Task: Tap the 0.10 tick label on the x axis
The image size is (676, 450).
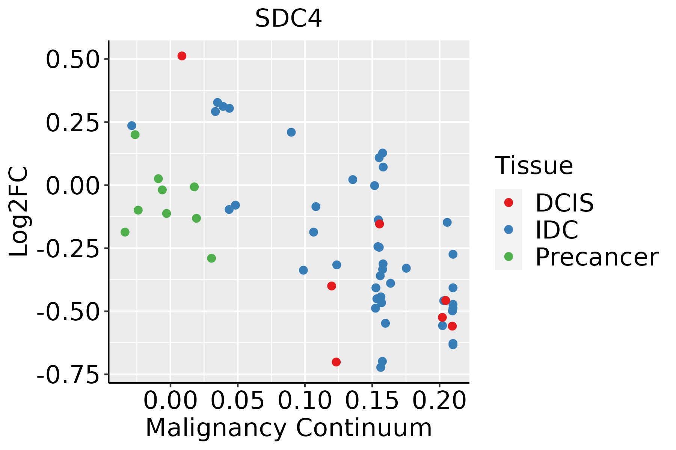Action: click(305, 401)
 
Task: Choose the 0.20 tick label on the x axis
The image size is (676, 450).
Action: click(439, 401)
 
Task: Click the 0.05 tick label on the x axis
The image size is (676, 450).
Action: click(238, 401)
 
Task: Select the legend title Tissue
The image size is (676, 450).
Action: click(534, 165)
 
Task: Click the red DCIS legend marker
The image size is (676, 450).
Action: click(509, 202)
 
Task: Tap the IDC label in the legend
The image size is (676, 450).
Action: click(557, 230)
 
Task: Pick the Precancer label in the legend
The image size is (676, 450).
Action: click(596, 257)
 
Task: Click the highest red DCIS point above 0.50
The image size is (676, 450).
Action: click(182, 56)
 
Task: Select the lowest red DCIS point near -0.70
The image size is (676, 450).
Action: click(336, 362)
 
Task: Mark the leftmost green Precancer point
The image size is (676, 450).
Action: click(125, 232)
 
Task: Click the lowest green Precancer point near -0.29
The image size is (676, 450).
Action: click(211, 258)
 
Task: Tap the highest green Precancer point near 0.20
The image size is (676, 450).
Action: click(135, 135)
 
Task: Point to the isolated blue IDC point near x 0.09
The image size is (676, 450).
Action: click(291, 132)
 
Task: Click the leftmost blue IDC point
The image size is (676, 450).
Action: click(132, 126)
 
